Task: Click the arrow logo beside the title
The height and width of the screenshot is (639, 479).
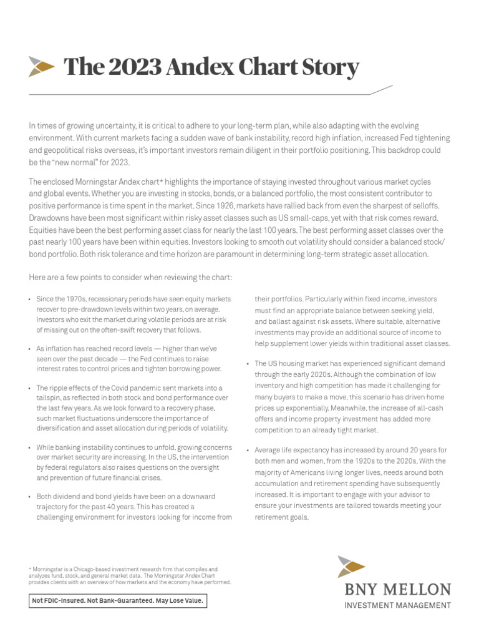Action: click(x=42, y=66)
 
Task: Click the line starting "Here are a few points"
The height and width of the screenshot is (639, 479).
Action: click(x=131, y=277)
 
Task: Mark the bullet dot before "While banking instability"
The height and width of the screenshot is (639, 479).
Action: click(x=30, y=448)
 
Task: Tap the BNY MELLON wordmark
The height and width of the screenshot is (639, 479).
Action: click(x=397, y=590)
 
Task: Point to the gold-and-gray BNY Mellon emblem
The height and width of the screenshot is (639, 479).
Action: click(x=351, y=567)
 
